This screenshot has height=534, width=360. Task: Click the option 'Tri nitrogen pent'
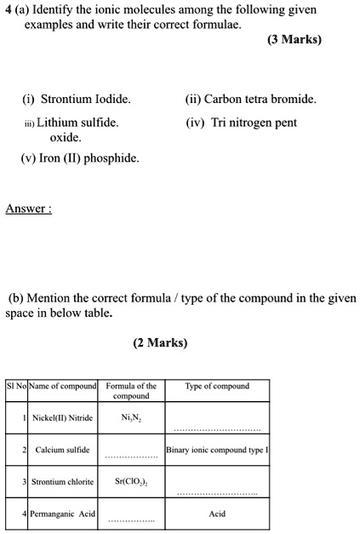[246, 123]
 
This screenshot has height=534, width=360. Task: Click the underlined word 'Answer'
[28, 209]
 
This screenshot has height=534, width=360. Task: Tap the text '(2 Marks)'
[160, 343]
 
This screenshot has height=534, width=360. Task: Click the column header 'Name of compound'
[64, 386]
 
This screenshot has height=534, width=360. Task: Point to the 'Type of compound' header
[216, 386]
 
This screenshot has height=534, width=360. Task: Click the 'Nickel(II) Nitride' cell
[64, 418]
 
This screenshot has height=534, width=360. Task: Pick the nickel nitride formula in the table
[131, 418]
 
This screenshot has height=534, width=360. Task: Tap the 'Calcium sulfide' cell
[62, 450]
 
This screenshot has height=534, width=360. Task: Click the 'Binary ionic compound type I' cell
[216, 450]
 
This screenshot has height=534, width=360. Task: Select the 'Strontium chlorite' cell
[64, 482]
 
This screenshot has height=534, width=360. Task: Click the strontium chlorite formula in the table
[131, 482]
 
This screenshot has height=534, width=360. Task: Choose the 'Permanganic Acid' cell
[64, 514]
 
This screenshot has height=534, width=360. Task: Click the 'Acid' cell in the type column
[216, 514]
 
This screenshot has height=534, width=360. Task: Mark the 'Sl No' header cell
[16, 386]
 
